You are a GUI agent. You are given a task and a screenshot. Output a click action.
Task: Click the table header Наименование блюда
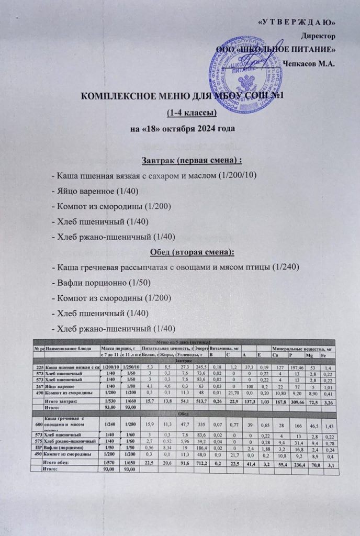(x=70, y=348)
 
